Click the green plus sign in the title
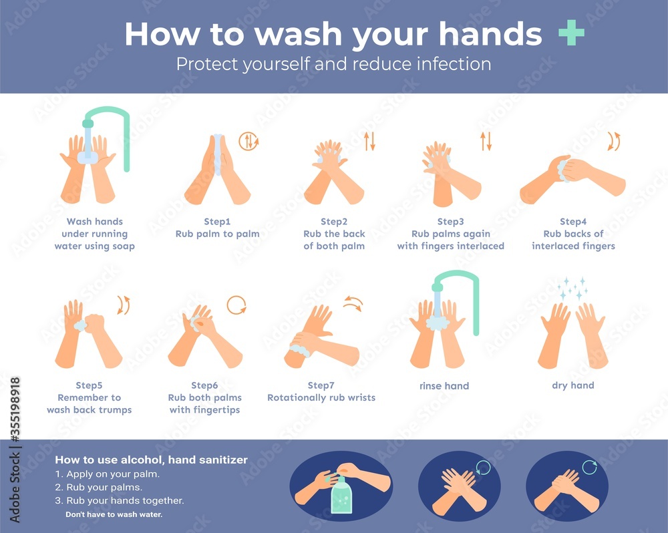[x=571, y=34]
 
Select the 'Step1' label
[x=217, y=221]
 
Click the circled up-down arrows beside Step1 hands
[x=248, y=141]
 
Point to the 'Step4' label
[x=573, y=221]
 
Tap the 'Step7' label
[x=321, y=385]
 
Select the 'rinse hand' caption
[x=444, y=385]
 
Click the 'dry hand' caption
[x=572, y=385]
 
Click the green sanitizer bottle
[x=344, y=496]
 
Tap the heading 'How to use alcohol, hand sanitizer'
[x=151, y=460]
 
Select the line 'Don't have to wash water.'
[x=114, y=514]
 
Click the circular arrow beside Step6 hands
[x=236, y=305]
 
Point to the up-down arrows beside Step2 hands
[x=369, y=141]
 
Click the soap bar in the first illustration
[x=88, y=157]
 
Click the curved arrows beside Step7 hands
[x=352, y=304]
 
